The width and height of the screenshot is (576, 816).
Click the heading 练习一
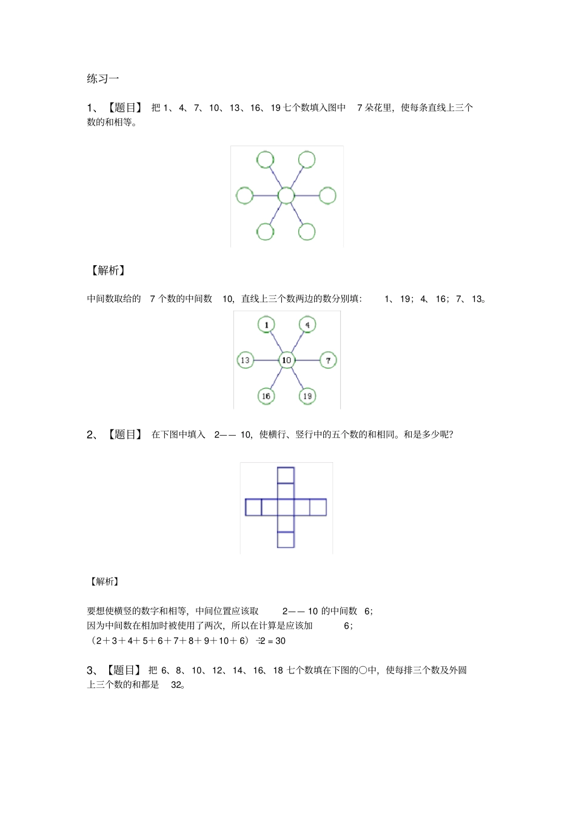click(x=103, y=78)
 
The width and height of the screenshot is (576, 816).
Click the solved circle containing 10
click(x=286, y=360)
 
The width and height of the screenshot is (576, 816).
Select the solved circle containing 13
click(x=245, y=360)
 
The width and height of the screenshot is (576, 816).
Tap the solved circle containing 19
click(x=307, y=396)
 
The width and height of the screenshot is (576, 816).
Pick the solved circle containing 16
click(x=266, y=396)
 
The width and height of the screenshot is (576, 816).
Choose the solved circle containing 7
click(x=328, y=360)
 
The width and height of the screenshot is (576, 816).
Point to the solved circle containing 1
click(x=266, y=325)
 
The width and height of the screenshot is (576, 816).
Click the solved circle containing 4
click(x=307, y=325)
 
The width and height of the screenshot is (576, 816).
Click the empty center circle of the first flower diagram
click(x=286, y=195)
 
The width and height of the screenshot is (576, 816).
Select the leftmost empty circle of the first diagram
click(x=244, y=195)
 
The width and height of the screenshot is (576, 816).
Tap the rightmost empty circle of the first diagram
click(x=327, y=195)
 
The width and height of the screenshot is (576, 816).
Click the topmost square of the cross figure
click(x=286, y=475)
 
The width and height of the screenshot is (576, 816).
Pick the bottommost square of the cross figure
click(x=286, y=539)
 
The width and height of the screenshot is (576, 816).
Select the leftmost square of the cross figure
click(x=253, y=507)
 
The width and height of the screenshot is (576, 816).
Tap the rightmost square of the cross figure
click(x=318, y=507)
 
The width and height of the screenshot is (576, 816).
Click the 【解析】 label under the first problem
click(x=108, y=271)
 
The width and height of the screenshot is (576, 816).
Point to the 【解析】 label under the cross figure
click(x=104, y=581)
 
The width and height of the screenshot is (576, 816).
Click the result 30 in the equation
click(x=280, y=641)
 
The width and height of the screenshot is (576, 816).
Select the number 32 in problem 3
click(x=176, y=685)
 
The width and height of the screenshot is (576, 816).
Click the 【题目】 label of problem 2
click(x=125, y=434)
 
